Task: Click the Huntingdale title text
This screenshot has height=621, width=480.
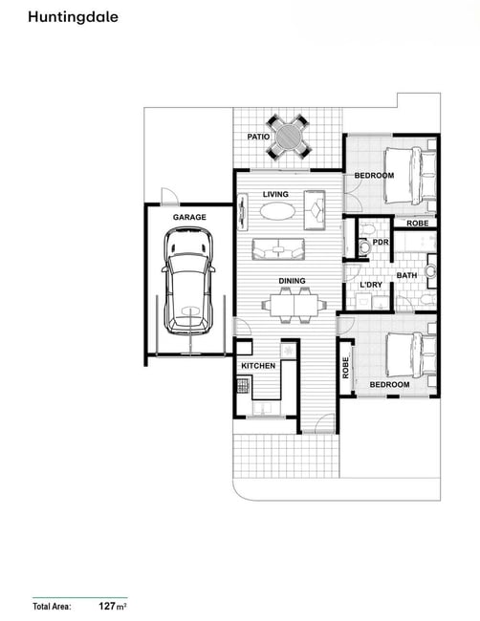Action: coord(73,17)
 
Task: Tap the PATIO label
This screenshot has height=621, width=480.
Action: coord(258,137)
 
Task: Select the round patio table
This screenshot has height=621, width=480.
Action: coord(289,137)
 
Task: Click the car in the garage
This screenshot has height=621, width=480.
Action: coord(188,281)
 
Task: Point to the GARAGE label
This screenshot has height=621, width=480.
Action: coord(189,217)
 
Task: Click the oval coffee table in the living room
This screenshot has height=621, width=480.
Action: coord(277,211)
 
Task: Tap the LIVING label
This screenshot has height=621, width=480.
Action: coord(275,194)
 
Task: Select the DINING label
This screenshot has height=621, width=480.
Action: coord(292,281)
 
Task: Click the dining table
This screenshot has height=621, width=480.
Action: coord(295,305)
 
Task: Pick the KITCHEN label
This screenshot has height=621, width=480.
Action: coord(258,366)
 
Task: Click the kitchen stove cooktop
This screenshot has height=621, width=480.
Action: coord(243,385)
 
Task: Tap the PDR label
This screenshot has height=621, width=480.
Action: coord(381,242)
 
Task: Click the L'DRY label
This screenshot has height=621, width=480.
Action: coord(371,285)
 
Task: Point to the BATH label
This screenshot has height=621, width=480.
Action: coord(406,275)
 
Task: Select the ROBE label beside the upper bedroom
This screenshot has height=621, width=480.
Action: coord(418,224)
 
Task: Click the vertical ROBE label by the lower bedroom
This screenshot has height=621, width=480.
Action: coord(345,368)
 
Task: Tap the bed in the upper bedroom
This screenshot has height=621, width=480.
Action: coord(410,176)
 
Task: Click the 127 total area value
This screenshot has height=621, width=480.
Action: coord(107,606)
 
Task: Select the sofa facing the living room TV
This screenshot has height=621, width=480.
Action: coord(278,249)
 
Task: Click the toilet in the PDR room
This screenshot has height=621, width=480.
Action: coord(363,246)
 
